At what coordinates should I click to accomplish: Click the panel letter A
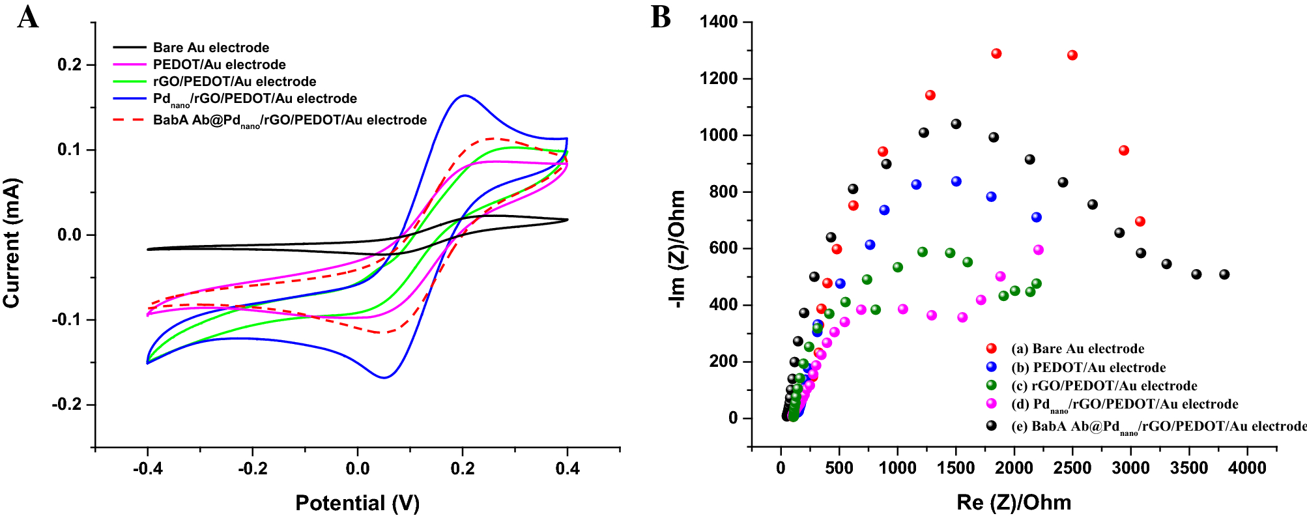[x=27, y=17]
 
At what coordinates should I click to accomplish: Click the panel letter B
[x=661, y=17]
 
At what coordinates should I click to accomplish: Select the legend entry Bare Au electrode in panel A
[x=210, y=48]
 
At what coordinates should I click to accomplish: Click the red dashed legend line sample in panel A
[x=129, y=120]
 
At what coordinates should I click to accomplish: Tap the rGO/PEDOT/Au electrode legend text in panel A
[x=235, y=81]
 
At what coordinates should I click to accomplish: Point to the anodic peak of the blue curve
[x=464, y=96]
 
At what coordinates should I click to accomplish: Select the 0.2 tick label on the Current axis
[x=70, y=65]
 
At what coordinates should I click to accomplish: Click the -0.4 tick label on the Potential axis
[x=147, y=468]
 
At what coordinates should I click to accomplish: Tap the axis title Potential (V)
[x=357, y=503]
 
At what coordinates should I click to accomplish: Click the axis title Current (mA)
[x=12, y=242]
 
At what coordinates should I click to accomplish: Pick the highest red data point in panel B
[x=996, y=53]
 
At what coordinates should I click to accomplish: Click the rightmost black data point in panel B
[x=1224, y=274]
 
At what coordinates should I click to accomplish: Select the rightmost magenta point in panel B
[x=1039, y=250]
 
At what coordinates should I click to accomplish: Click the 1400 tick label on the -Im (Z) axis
[x=719, y=22]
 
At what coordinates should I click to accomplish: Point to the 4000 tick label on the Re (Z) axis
[x=1247, y=468]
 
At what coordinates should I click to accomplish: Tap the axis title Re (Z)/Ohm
[x=1014, y=502]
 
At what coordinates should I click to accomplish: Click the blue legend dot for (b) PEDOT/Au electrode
[x=992, y=367]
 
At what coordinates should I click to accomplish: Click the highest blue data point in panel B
[x=956, y=181]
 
